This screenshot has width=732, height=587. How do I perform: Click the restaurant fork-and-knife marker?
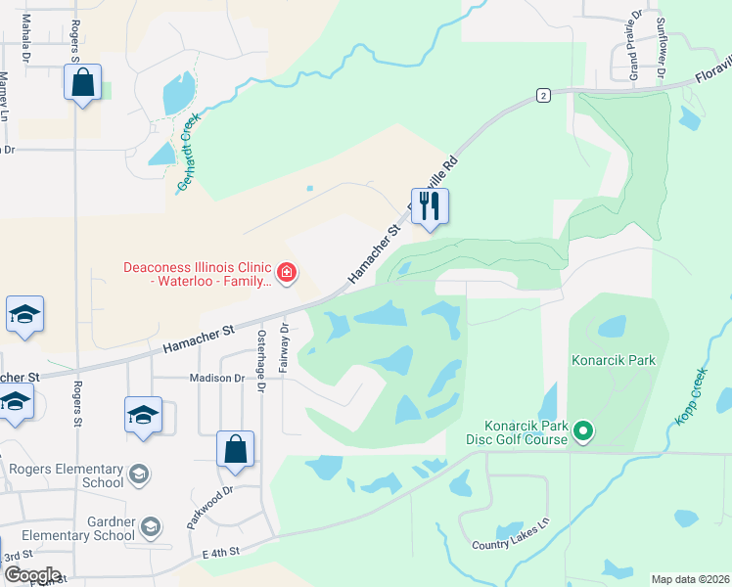430,206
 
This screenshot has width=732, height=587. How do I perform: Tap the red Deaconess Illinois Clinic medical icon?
287,273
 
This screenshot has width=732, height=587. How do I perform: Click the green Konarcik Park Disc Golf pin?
584,430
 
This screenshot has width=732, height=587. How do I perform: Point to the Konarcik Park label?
614,361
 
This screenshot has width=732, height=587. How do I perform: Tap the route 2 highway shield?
543,94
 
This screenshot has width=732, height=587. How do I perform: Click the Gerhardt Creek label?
188,152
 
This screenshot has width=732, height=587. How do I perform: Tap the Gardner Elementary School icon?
150,528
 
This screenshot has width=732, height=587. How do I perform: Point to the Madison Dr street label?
217,379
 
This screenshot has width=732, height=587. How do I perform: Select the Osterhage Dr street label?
261,360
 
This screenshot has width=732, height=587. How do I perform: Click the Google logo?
31,574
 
